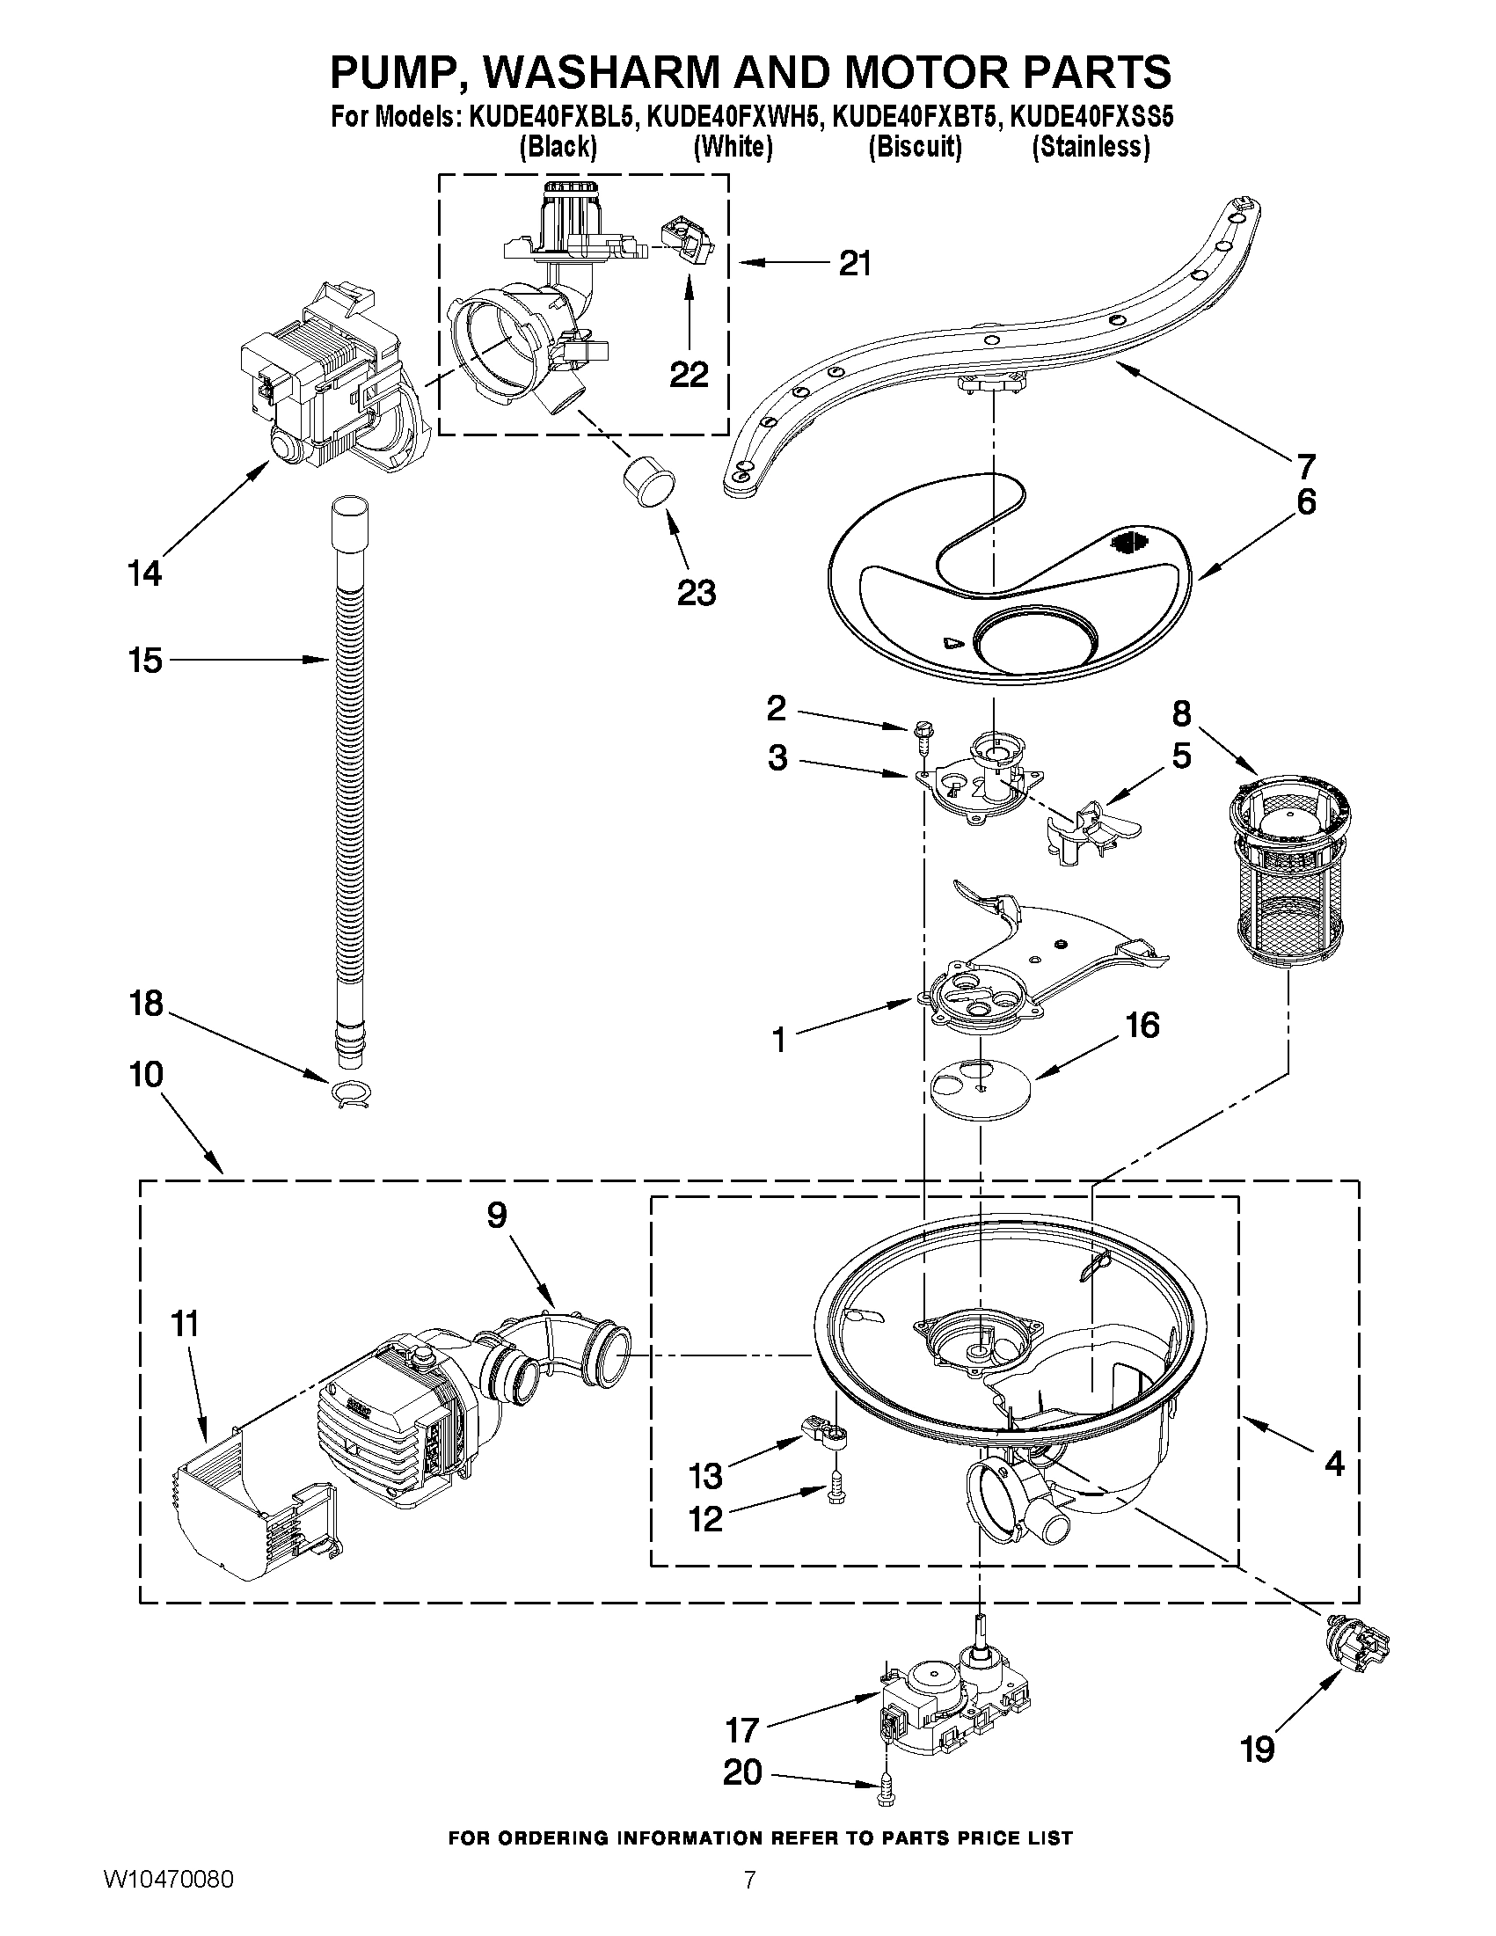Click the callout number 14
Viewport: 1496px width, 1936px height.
[144, 573]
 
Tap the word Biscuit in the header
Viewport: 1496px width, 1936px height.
[915, 146]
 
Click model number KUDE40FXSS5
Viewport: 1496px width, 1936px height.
[1091, 117]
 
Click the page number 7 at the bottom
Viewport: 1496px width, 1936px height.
[750, 1898]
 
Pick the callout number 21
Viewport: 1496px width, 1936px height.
[854, 263]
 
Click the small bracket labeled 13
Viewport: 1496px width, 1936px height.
[821, 1430]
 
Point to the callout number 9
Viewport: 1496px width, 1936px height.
[496, 1216]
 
